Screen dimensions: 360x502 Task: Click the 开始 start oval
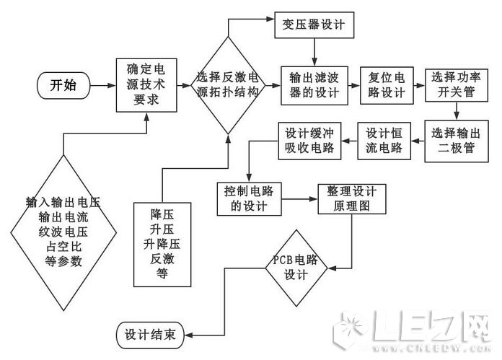click(x=62, y=85)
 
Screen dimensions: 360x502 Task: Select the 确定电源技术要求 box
click(x=146, y=85)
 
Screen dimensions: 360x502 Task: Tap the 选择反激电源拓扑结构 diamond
click(x=228, y=85)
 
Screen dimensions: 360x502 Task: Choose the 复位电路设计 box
click(x=386, y=85)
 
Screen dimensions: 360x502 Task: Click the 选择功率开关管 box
click(x=456, y=85)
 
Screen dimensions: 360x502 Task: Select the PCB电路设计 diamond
click(x=296, y=267)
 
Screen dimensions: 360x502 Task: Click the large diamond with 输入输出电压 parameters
click(x=63, y=231)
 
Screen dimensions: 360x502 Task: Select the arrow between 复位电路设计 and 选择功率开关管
click(x=421, y=85)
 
